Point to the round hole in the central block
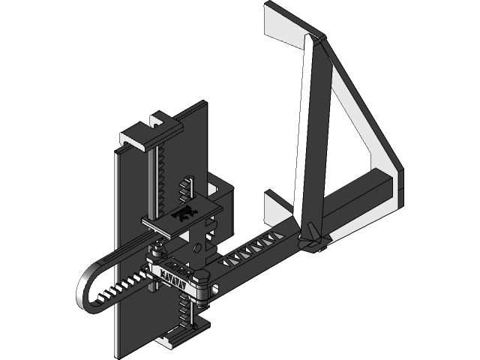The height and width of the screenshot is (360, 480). coord(197,247)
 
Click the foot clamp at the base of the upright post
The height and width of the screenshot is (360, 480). coord(313,241)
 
